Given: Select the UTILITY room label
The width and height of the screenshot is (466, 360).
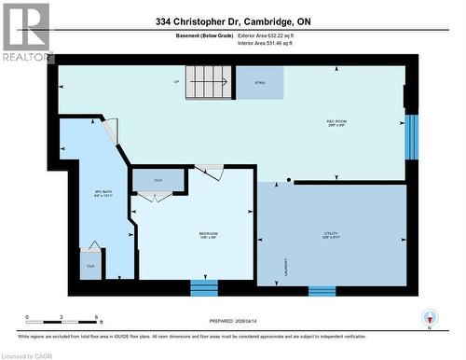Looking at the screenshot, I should coord(331,234).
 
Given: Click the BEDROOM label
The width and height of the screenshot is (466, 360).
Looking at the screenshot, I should coord(208,234).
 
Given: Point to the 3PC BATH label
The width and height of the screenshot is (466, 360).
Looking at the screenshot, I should coord(103,195).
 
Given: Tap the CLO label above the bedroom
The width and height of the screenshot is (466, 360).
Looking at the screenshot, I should coord(158,176).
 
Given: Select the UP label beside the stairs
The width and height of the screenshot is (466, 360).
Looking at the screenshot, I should coord(176,81).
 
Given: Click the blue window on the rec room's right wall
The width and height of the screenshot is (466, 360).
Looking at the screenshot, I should coord(411,136).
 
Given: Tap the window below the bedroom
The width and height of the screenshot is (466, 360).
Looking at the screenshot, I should coord(204,286).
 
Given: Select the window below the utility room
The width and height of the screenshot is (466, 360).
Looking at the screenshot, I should coord(322,290).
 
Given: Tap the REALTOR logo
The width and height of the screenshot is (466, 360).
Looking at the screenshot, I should coord(26,34).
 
